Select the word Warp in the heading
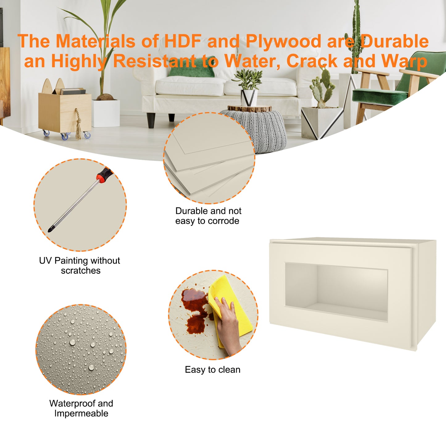404,61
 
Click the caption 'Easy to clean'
212,370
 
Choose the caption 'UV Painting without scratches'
80,265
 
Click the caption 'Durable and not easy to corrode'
208,216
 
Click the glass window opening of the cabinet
336,291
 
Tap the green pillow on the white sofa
192,67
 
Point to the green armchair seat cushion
380,96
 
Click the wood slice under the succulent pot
249,108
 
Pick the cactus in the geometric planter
323,88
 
